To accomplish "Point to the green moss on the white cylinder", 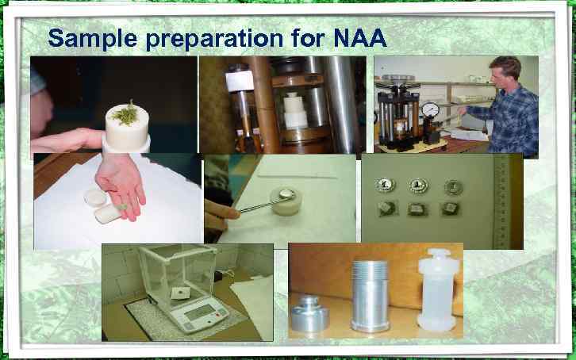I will [x=125, y=113].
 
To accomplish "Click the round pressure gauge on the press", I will [x=431, y=107].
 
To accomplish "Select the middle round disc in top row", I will [x=416, y=185].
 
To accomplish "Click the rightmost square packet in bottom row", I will [x=450, y=207].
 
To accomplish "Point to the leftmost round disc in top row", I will [x=386, y=185].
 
